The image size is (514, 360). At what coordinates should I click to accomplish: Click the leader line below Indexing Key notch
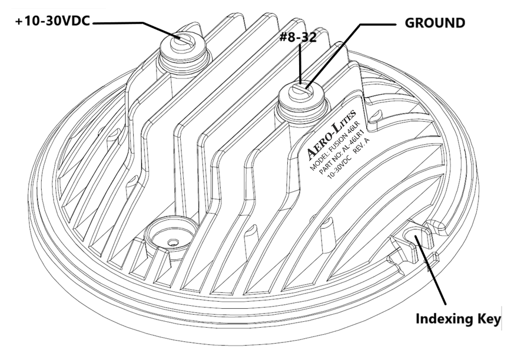coord(433,276)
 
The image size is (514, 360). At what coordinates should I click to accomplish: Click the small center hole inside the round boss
coord(171,242)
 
